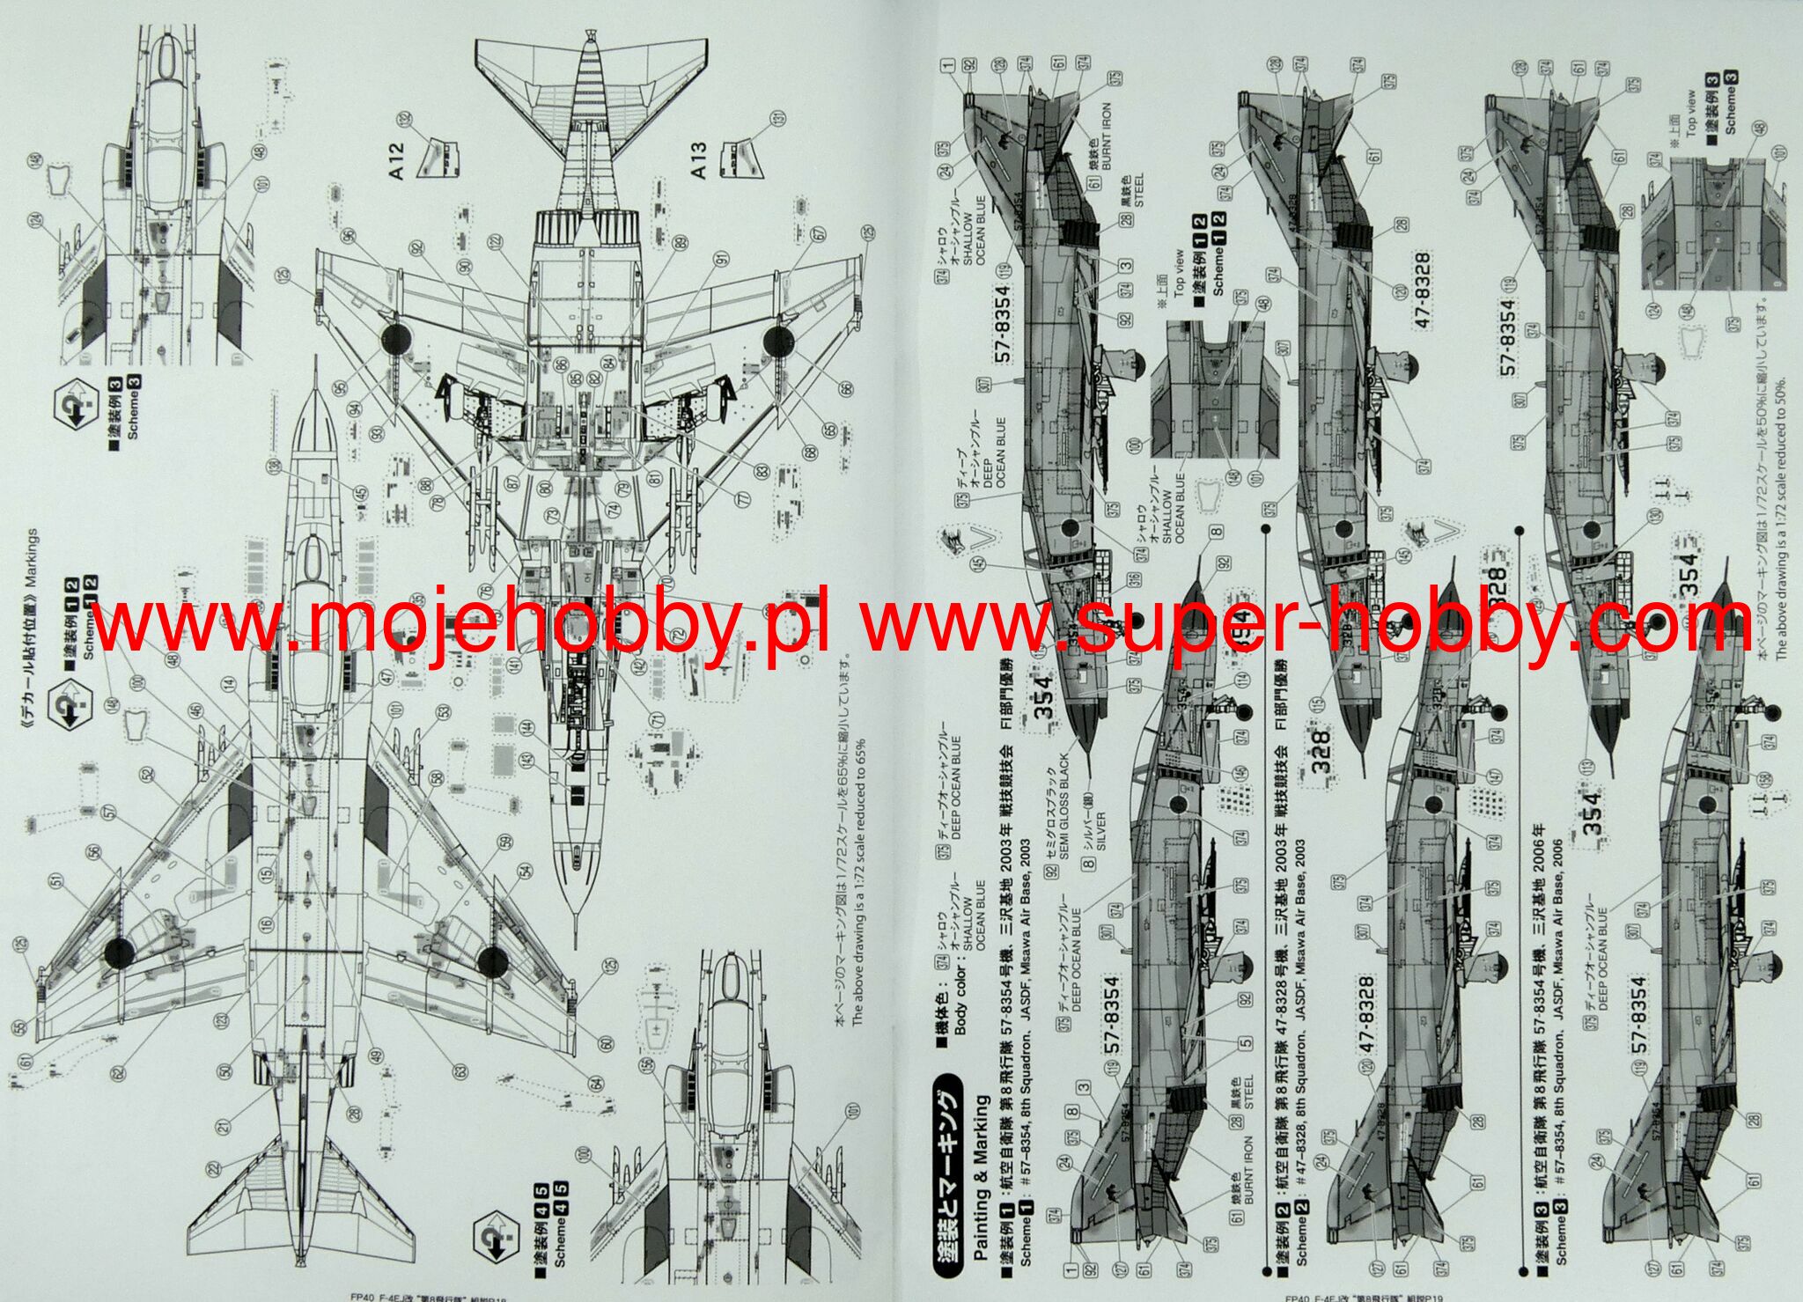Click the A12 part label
coord(395,161)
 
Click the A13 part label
coord(697,161)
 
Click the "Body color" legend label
coord(960,989)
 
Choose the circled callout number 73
coord(552,514)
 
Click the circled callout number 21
coord(223,1126)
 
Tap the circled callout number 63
coord(460,1070)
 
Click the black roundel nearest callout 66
coord(778,341)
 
